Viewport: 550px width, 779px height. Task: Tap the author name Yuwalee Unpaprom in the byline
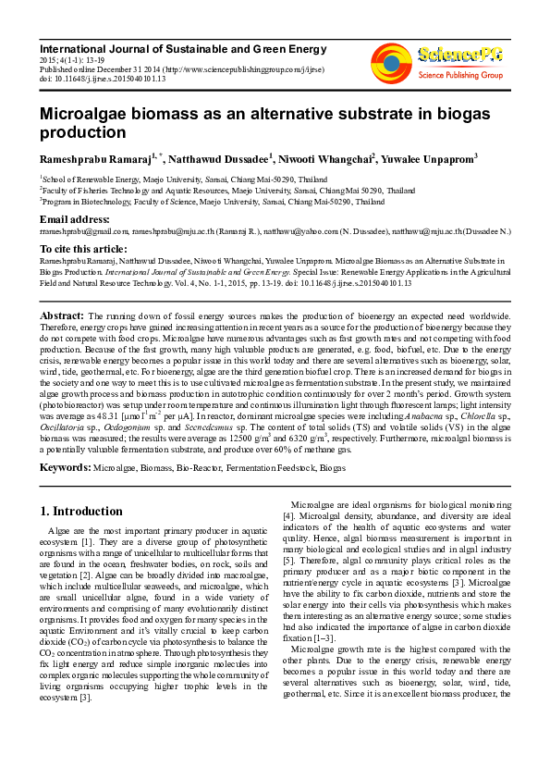431,159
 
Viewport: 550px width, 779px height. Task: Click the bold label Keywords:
65,468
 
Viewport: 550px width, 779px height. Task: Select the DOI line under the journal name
102,77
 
